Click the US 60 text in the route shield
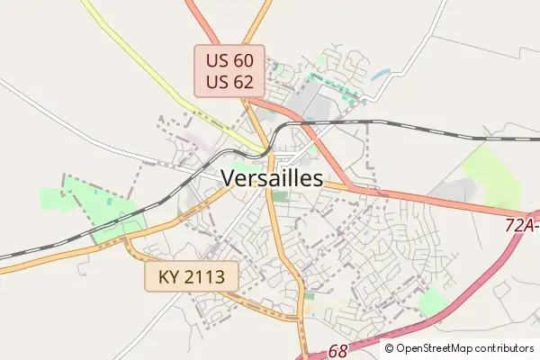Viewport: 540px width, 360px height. (229, 61)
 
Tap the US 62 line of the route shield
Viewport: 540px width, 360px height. (229, 82)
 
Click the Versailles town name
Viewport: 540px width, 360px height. (271, 178)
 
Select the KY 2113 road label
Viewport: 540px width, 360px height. (193, 276)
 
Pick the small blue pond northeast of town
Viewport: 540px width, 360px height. (382, 74)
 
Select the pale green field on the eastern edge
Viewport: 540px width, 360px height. (493, 175)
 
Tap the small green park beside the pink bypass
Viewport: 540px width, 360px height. (432, 302)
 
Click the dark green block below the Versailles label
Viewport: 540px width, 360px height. (281, 196)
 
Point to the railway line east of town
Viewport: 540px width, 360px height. (432, 130)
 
